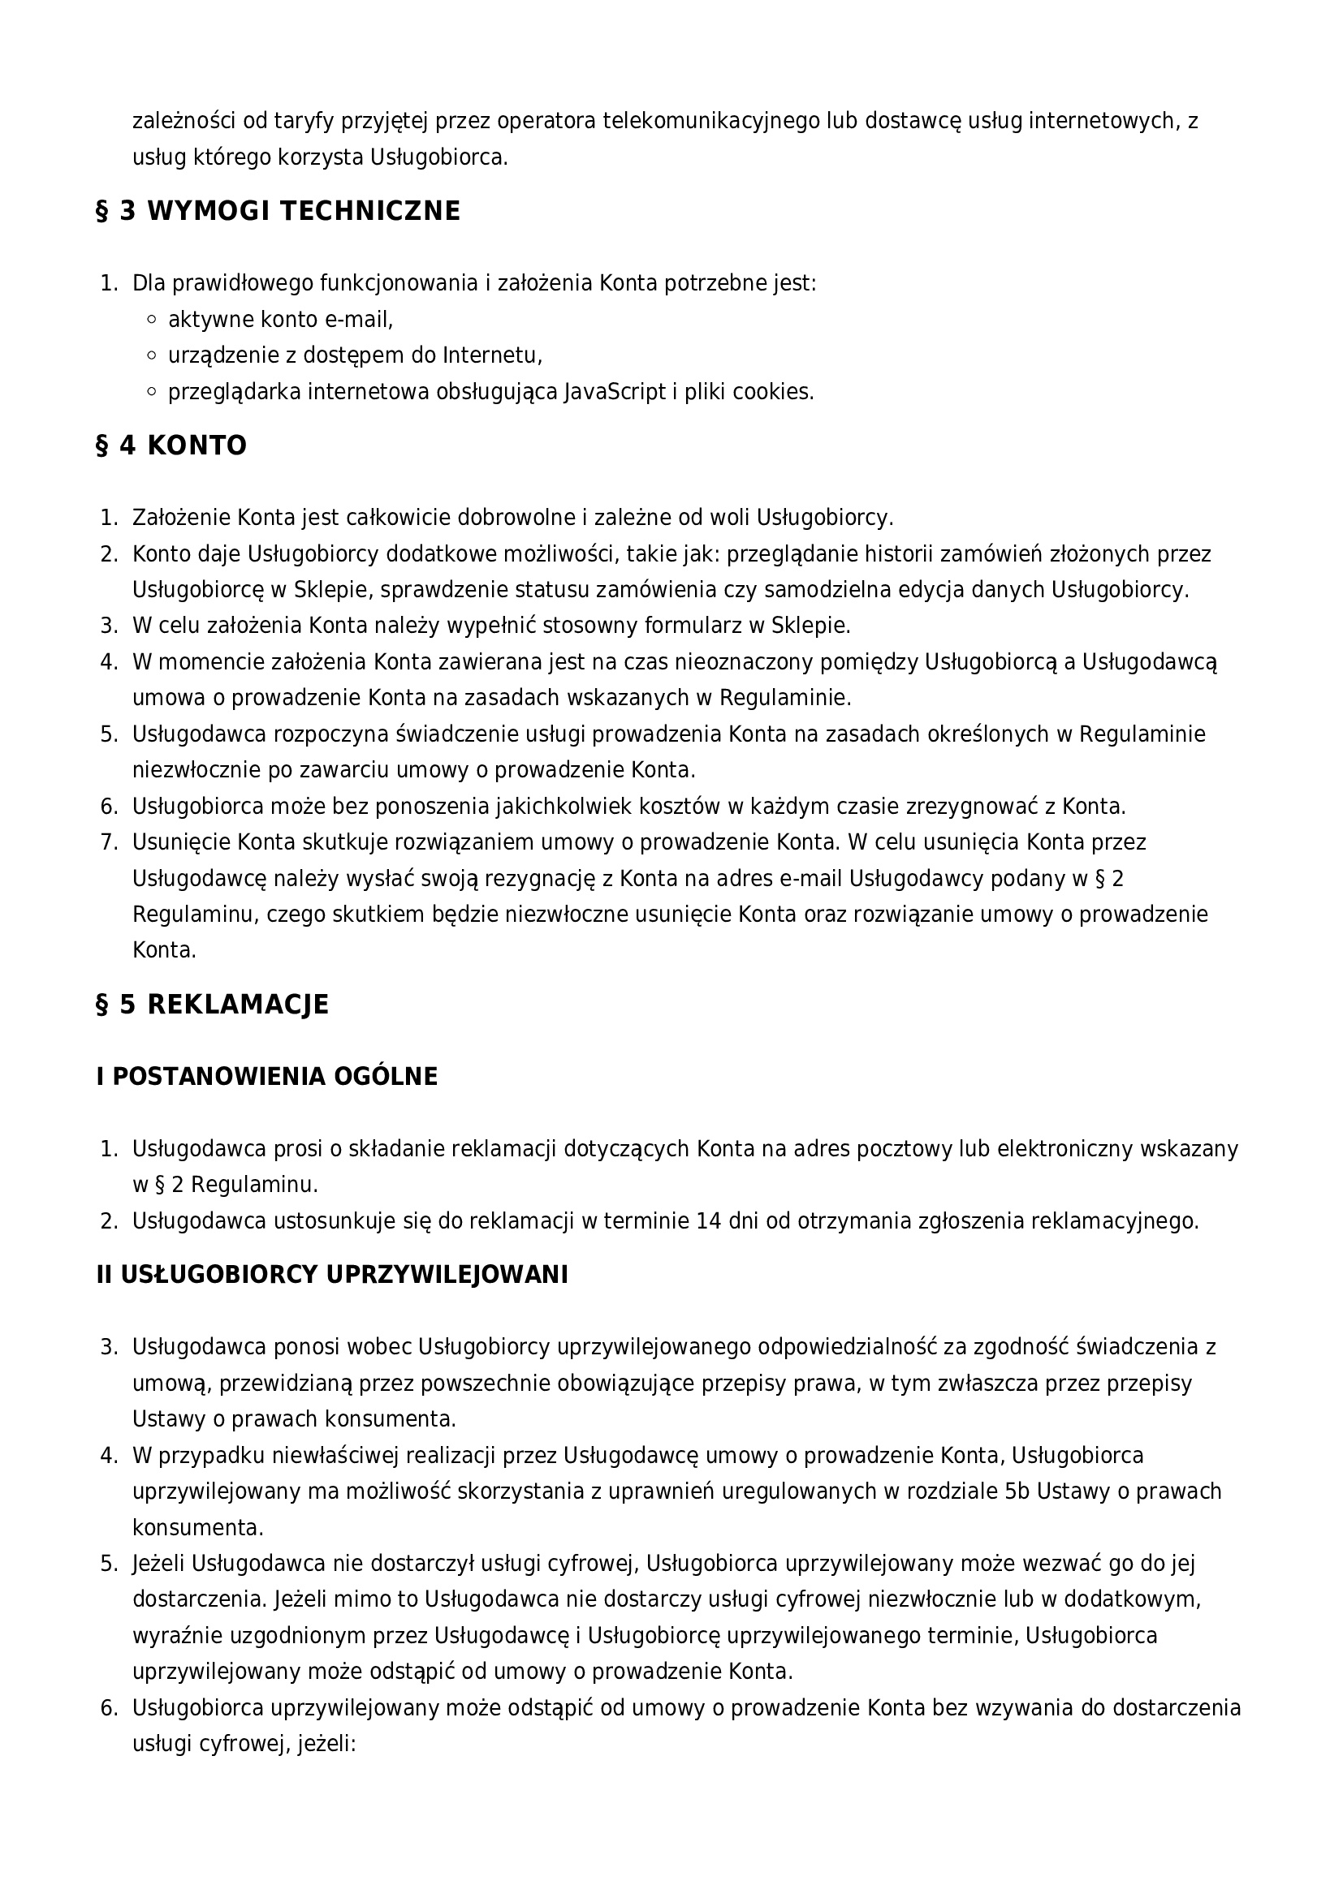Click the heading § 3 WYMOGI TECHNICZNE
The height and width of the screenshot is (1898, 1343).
(x=278, y=212)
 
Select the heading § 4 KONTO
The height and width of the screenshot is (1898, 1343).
(x=171, y=446)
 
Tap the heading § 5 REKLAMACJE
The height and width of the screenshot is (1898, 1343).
(x=213, y=1005)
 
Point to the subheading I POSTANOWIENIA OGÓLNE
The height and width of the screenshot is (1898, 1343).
(x=267, y=1077)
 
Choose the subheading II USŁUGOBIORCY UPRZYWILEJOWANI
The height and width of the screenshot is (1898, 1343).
(x=332, y=1276)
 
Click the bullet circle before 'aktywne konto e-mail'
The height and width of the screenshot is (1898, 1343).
(x=151, y=319)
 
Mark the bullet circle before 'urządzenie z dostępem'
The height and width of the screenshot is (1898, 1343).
(x=151, y=355)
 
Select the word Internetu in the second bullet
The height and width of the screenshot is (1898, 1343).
(x=492, y=355)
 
